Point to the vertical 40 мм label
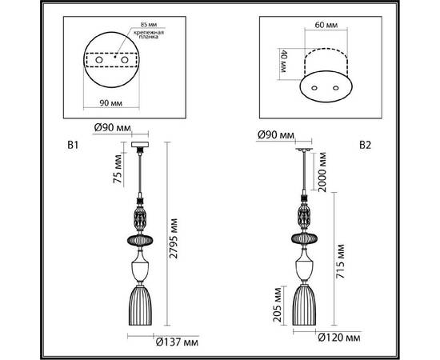282,63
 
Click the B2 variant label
366,146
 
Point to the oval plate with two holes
325,86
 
